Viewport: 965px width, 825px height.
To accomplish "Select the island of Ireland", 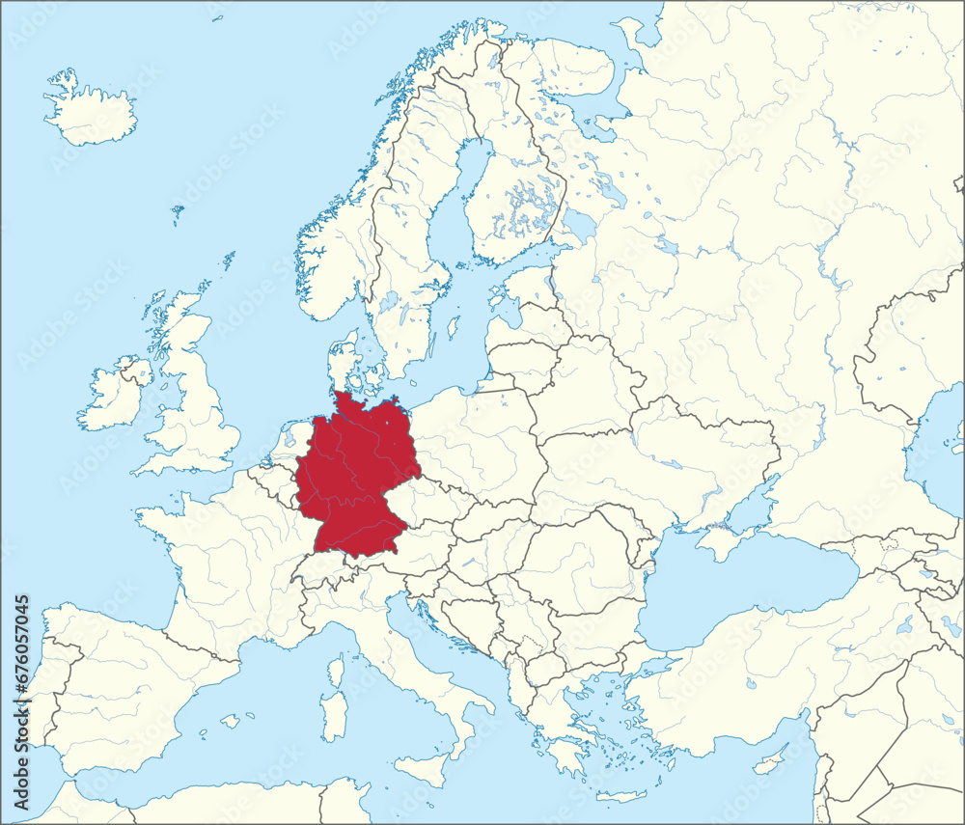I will point(114,396).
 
